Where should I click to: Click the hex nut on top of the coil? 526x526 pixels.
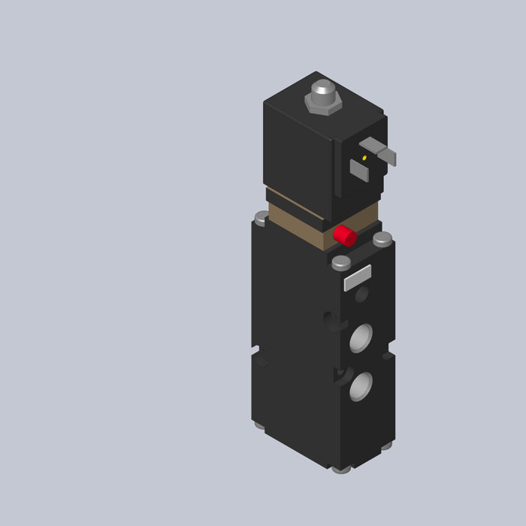tap(323, 104)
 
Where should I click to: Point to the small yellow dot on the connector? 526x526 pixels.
tap(364, 158)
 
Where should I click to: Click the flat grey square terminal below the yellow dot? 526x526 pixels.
tap(359, 171)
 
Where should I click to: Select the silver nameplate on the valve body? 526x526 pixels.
tap(358, 277)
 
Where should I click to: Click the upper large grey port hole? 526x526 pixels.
tap(361, 337)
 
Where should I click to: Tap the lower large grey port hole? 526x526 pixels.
tap(361, 386)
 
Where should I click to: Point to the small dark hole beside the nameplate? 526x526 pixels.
tap(361, 295)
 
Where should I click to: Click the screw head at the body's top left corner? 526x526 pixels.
tap(261, 218)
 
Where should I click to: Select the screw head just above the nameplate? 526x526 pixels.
tap(341, 262)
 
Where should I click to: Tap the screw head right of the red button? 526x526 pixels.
tap(382, 239)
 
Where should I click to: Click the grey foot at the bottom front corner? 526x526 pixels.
tap(341, 470)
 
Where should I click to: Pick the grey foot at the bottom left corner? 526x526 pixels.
tap(259, 425)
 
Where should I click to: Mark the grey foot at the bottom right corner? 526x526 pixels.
tap(386, 445)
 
